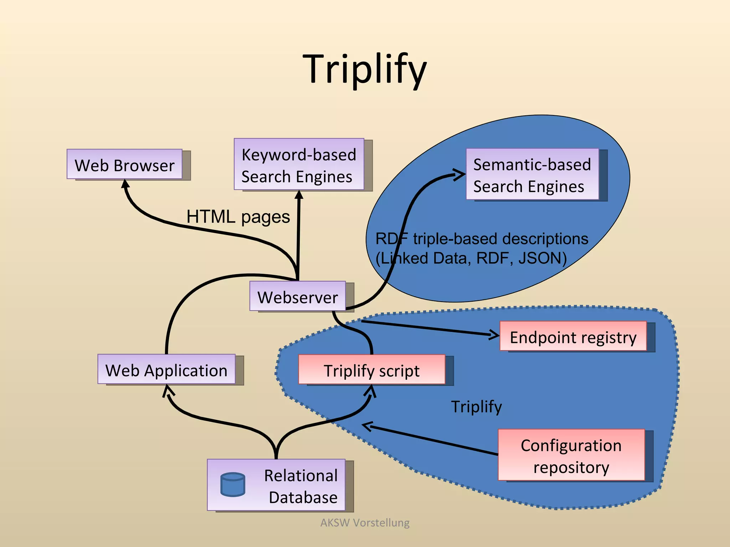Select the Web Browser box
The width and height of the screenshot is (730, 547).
[124, 164]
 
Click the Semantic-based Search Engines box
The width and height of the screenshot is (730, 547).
[532, 174]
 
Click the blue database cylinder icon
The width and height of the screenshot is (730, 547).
[233, 484]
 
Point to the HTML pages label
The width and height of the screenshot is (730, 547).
[238, 217]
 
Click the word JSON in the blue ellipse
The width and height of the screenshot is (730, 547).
[542, 258]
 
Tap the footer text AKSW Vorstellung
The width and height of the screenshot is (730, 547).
[365, 522]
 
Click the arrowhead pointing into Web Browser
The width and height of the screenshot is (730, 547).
[125, 184]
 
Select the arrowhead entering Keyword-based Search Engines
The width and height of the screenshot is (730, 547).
[299, 194]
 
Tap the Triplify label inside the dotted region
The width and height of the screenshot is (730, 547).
[476, 406]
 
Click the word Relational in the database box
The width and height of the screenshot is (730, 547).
[300, 475]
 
